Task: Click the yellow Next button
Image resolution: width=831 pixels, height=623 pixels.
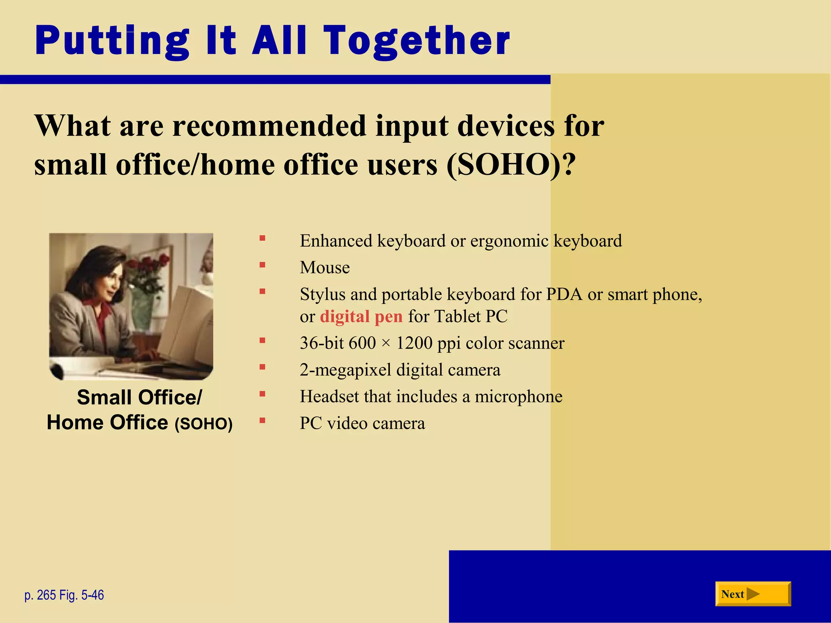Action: pyautogui.click(x=753, y=594)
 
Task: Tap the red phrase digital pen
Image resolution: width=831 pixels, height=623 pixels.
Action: pyautogui.click(x=361, y=316)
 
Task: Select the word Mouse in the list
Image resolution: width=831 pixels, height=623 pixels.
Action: pyautogui.click(x=325, y=268)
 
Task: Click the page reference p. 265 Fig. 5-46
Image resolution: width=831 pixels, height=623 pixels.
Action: pyautogui.click(x=64, y=595)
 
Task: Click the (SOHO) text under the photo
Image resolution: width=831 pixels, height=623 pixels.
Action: pyautogui.click(x=204, y=424)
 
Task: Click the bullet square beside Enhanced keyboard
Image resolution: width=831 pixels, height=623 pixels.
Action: pyautogui.click(x=263, y=238)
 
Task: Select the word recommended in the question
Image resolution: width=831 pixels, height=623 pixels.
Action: pyautogui.click(x=269, y=126)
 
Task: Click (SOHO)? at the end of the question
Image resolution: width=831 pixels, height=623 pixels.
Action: pyautogui.click(x=511, y=165)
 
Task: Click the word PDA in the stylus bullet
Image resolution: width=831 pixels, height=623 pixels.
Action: pyautogui.click(x=564, y=294)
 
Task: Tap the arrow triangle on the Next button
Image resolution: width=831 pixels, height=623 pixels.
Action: pyautogui.click(x=753, y=594)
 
